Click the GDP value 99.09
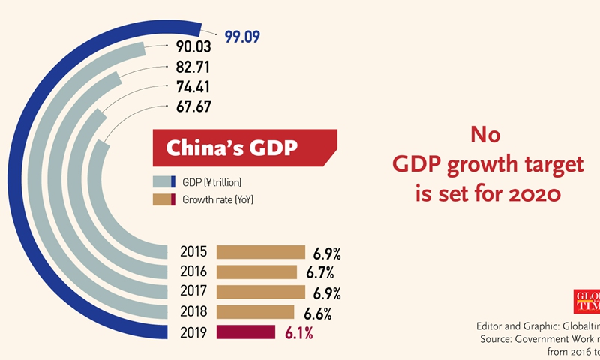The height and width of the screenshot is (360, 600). (x=241, y=35)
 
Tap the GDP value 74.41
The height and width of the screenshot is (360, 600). (x=193, y=88)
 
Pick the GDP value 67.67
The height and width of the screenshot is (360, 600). (x=193, y=106)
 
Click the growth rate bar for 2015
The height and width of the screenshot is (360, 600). (x=261, y=253)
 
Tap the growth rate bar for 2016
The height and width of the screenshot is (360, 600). (x=256, y=271)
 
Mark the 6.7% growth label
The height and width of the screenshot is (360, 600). (x=319, y=271)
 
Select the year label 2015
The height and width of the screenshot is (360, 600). (x=194, y=253)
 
